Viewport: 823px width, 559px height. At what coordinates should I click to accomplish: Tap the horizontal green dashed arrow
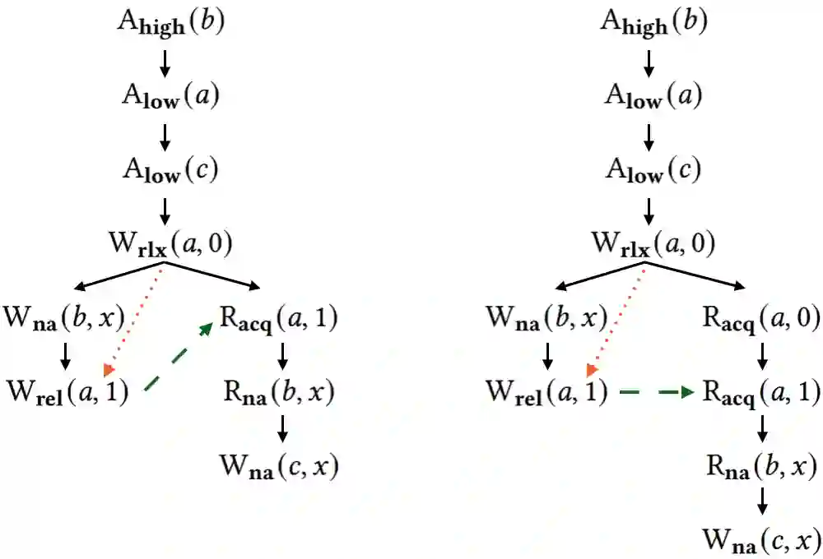[655, 393]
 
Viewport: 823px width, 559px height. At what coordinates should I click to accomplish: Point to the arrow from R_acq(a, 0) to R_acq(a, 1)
[763, 354]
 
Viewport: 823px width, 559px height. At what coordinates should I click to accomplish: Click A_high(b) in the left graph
[170, 23]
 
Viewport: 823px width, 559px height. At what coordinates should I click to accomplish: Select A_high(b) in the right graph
[653, 23]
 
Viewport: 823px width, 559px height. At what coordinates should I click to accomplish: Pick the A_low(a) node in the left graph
[170, 96]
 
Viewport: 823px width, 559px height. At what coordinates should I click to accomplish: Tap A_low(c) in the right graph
[653, 170]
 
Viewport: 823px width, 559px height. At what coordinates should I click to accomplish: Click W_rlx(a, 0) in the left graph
[170, 244]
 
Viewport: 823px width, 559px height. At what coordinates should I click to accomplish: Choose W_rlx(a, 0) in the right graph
[653, 244]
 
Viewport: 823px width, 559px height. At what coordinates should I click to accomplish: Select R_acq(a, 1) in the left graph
[280, 316]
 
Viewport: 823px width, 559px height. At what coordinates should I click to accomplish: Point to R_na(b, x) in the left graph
[280, 392]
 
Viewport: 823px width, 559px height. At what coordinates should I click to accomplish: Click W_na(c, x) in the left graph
[280, 466]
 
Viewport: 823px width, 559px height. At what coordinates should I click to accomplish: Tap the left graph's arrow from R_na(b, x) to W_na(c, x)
[281, 429]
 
